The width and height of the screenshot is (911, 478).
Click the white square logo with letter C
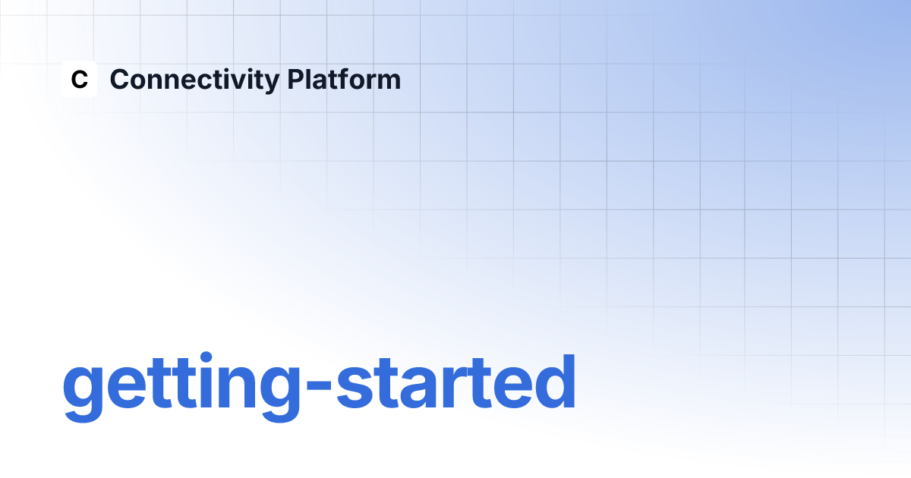pyautogui.click(x=79, y=79)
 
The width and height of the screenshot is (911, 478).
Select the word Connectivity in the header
pyautogui.click(x=194, y=80)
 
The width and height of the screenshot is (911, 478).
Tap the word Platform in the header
pyautogui.click(x=344, y=79)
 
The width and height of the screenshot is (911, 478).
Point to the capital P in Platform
pyautogui.click(x=296, y=79)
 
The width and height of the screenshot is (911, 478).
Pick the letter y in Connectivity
pyautogui.click(x=271, y=84)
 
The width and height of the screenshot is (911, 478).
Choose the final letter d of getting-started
pyautogui.click(x=555, y=381)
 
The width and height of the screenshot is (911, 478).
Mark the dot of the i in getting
pyautogui.click(x=206, y=357)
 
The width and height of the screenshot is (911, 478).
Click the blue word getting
pyautogui.click(x=181, y=387)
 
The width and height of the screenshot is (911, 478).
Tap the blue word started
pyautogui.click(x=456, y=382)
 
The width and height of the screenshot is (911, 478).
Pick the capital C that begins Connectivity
pyautogui.click(x=120, y=79)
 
